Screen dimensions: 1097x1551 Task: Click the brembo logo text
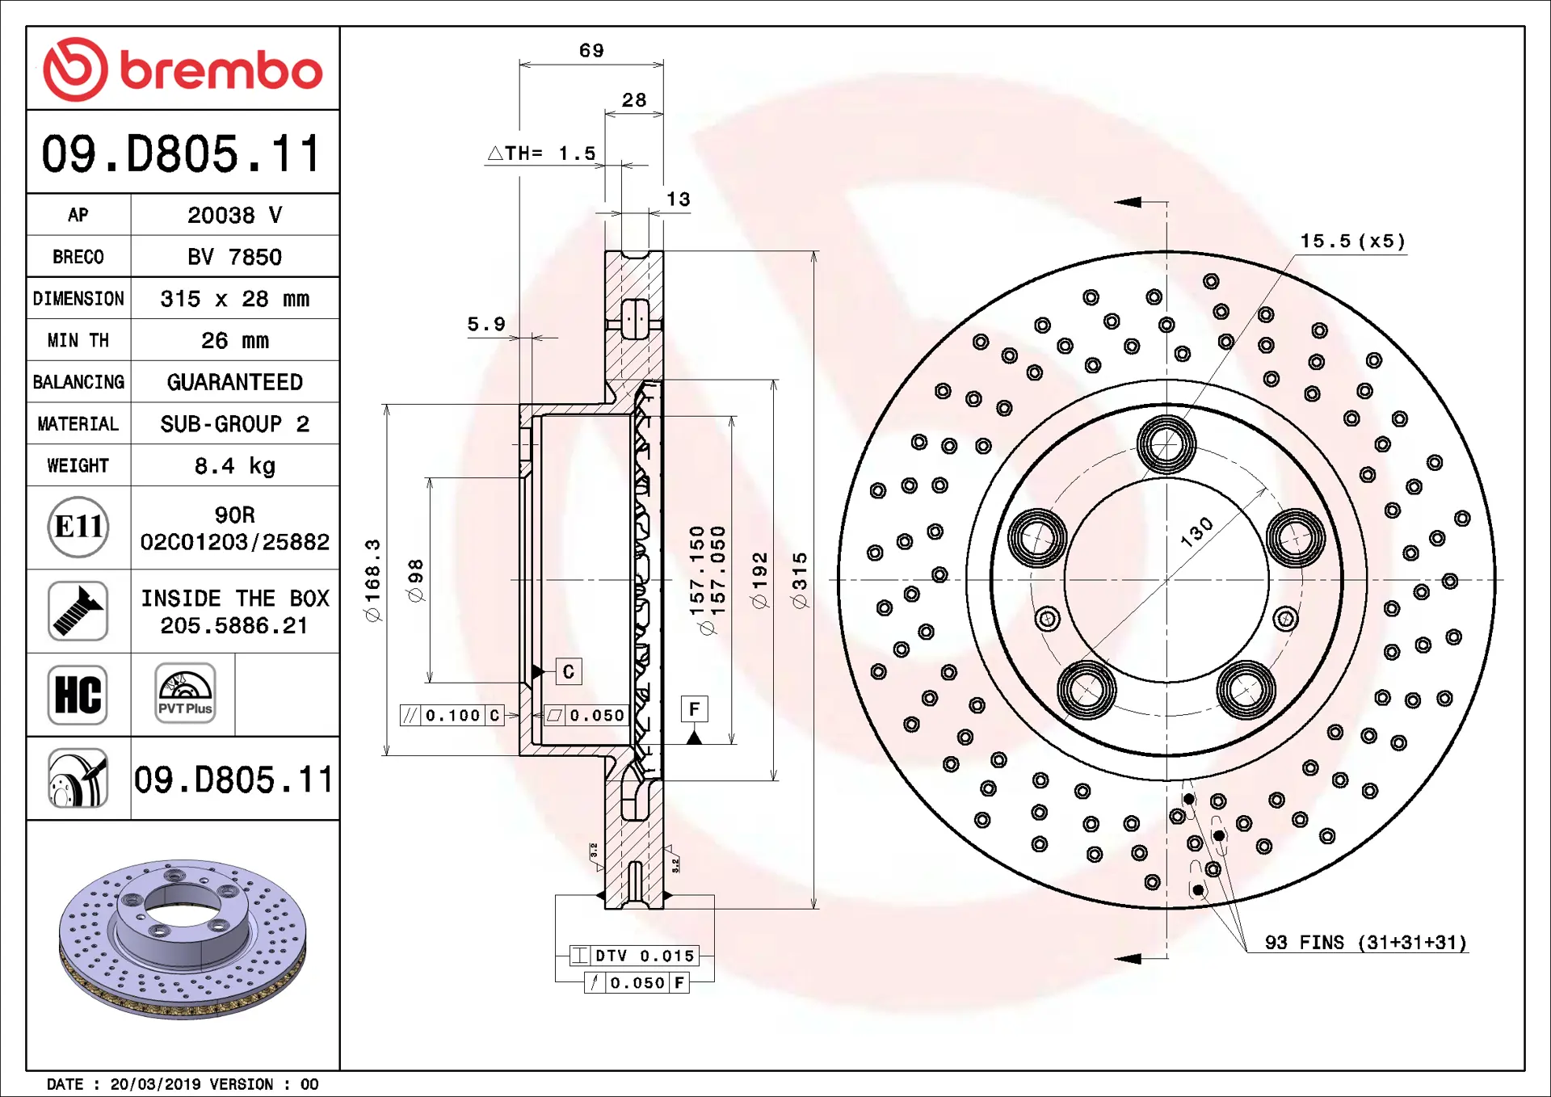[x=221, y=70]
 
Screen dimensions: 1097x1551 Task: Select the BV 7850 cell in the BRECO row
[x=234, y=257]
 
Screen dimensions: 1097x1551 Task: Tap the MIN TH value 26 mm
[x=234, y=340]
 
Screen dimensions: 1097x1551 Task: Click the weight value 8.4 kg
[x=234, y=466]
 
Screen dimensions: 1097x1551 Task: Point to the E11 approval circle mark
[x=78, y=527]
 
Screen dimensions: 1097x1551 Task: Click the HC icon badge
[x=78, y=695]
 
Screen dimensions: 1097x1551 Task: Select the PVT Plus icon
[x=185, y=693]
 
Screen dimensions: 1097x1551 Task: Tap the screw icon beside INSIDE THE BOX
[x=78, y=612]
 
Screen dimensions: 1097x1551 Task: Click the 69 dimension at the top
[x=591, y=51]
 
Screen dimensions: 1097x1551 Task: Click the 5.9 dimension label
[x=486, y=325]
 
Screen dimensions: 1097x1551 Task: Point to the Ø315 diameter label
[x=800, y=580]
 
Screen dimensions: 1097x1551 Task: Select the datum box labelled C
[x=569, y=671]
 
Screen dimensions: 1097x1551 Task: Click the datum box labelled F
[x=694, y=709]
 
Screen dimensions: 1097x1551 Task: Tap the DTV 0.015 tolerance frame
[x=635, y=956]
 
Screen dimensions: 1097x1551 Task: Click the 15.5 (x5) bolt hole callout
[x=1352, y=242]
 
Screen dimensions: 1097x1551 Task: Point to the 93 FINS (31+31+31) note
[x=1365, y=943]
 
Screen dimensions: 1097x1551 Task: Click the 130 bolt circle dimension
[x=1196, y=532]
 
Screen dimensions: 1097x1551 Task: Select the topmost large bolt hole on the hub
[x=1166, y=444]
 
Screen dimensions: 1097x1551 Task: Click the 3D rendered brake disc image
[x=183, y=937]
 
